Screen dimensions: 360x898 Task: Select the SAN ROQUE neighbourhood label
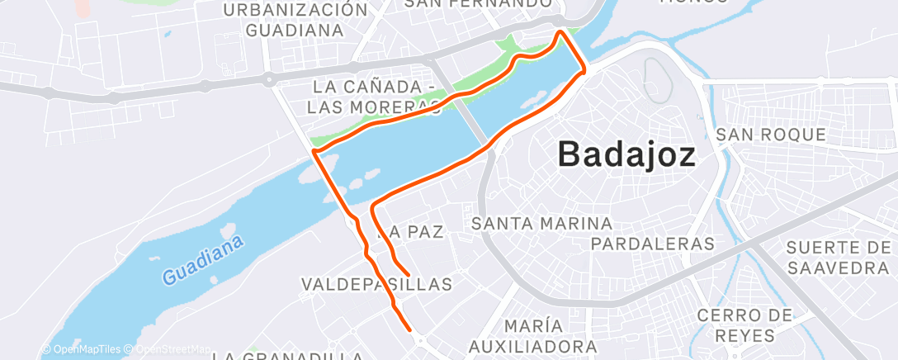(x=770, y=134)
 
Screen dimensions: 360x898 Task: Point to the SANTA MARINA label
(x=541, y=223)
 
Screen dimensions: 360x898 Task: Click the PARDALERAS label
(x=652, y=244)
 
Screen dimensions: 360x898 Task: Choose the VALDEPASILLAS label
(x=377, y=284)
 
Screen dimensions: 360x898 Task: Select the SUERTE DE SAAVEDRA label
(x=836, y=258)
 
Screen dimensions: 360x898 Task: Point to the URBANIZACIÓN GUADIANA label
(x=295, y=20)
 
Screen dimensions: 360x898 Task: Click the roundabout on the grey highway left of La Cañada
(x=269, y=80)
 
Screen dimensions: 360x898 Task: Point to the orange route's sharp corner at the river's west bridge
(x=314, y=151)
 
